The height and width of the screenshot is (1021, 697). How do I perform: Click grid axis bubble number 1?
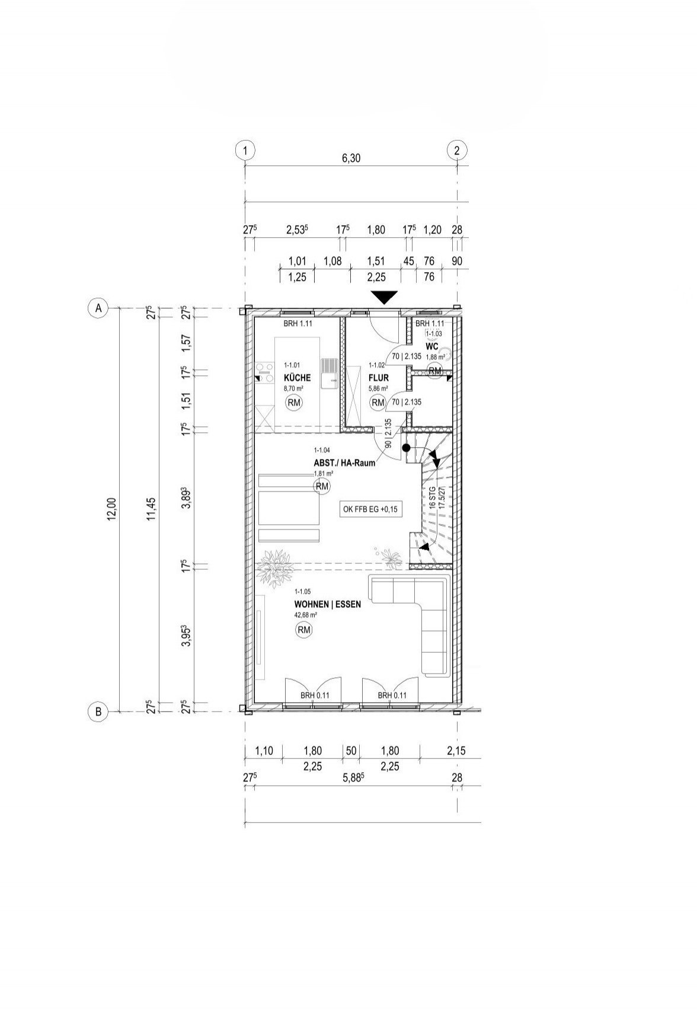245,151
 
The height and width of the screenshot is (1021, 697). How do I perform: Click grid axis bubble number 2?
456,151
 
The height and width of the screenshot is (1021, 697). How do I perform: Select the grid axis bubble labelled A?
98,308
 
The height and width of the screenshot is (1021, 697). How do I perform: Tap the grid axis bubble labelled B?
98,711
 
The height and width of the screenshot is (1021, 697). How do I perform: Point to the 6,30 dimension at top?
351,158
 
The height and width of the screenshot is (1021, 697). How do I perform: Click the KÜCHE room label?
297,378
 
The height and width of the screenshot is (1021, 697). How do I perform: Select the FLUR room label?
378,378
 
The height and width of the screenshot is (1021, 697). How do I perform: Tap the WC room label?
431,346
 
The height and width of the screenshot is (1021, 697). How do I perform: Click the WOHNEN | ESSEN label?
327,605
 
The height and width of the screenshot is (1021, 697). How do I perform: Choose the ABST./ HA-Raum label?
344,463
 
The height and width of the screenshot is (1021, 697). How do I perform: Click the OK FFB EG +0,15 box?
370,509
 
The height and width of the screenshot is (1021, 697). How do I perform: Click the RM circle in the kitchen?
294,403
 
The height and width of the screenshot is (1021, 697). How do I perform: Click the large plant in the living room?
276,568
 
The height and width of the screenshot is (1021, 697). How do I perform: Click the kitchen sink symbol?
328,373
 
